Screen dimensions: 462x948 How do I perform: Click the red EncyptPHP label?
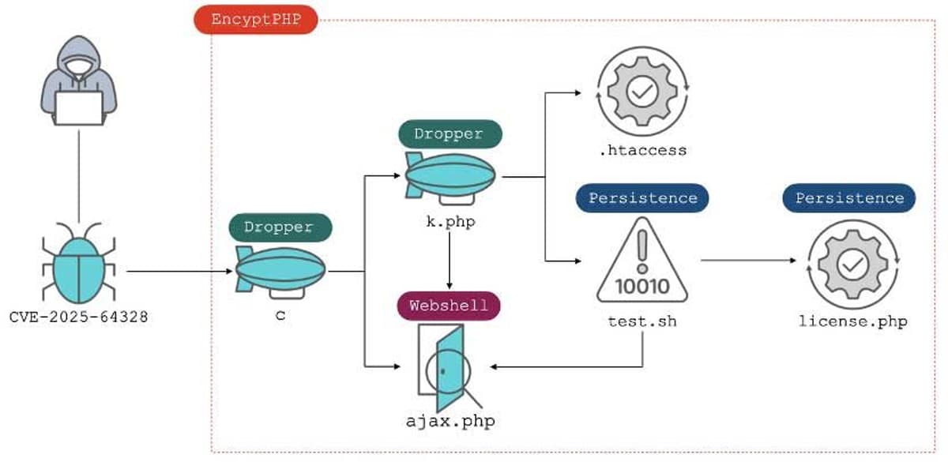click(x=255, y=19)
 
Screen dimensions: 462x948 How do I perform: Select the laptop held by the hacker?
click(x=78, y=107)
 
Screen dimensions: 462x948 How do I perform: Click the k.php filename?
click(x=450, y=222)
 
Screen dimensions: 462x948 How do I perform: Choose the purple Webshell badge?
click(x=450, y=305)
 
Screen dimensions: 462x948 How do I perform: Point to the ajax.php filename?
click(x=450, y=420)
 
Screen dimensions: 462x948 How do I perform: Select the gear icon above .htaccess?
click(x=641, y=91)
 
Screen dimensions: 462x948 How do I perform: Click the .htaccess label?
click(x=641, y=150)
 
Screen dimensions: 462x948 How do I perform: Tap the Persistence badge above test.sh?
click(x=642, y=197)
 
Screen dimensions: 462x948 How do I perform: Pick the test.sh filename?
click(x=642, y=321)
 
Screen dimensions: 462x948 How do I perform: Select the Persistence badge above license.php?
click(x=849, y=197)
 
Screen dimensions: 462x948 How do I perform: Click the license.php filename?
click(x=852, y=321)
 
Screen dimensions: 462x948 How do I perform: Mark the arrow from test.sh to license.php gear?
click(x=747, y=261)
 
